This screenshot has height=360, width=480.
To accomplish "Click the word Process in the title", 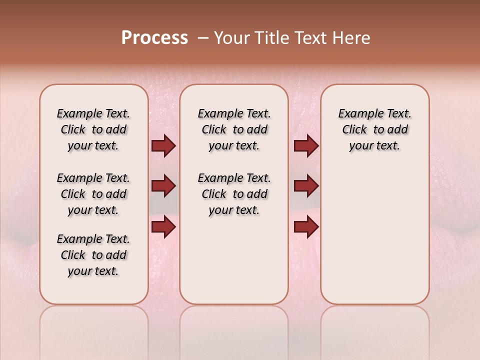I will pos(154,38).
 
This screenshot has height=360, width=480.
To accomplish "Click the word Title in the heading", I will pos(270,38).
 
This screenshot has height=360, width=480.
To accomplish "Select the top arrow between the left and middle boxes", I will pos(163,145).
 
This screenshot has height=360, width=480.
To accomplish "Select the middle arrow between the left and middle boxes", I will pos(163,186).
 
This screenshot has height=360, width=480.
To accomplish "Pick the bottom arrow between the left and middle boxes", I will pos(163,226).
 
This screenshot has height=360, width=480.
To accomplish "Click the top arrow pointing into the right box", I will pos(306,145).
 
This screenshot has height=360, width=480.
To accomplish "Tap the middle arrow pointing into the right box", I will pos(306,186).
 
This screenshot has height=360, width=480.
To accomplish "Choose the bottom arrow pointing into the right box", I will pos(306,226).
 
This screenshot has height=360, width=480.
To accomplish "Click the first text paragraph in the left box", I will pos(93,129).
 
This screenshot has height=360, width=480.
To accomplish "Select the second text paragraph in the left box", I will pos(93,194).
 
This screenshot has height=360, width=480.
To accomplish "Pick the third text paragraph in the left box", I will pos(93,255).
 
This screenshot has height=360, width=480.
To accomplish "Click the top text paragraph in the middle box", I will pos(234,129).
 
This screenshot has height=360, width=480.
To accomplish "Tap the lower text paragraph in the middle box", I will pos(234,194).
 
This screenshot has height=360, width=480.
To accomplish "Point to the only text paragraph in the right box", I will pos(374,129).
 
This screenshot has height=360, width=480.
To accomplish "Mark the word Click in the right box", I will pos(354,129).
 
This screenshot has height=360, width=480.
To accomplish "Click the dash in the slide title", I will pos(203,38).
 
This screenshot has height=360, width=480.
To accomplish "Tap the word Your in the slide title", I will pos(231,38).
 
